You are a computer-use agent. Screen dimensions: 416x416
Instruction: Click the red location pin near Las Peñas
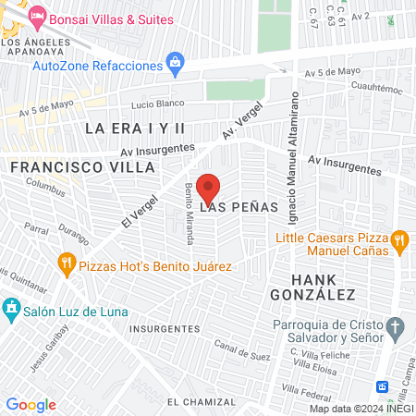(x=208, y=188)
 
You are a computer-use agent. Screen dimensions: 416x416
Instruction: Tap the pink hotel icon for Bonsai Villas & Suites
(x=37, y=16)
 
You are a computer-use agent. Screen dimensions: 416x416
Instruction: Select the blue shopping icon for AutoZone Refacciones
(x=174, y=64)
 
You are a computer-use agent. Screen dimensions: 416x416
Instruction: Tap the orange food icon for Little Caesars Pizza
(x=399, y=242)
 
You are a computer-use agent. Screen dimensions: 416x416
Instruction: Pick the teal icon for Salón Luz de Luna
(x=11, y=307)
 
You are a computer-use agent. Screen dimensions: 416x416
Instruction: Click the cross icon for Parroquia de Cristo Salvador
(x=396, y=328)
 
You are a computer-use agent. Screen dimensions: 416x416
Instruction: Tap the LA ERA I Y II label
(x=135, y=128)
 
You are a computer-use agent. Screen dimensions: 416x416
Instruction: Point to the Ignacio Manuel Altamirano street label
(x=294, y=153)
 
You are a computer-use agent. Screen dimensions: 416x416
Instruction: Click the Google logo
(x=31, y=405)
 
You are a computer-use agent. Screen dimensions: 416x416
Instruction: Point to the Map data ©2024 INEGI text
(x=361, y=409)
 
